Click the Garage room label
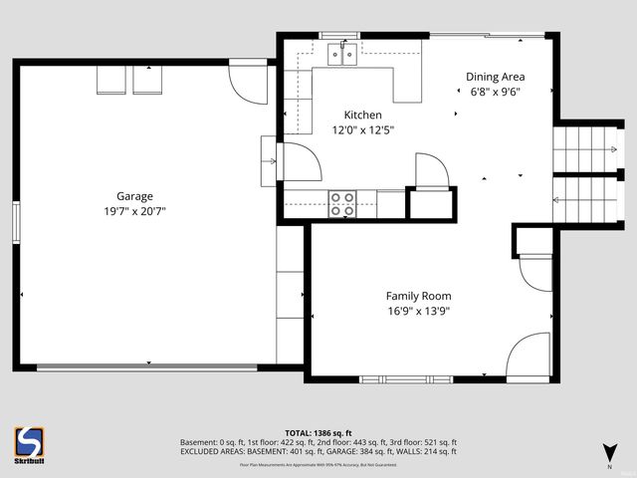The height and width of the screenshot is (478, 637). pos(134,196)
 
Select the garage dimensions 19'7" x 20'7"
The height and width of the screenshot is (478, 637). pos(134,211)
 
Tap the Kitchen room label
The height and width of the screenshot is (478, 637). pos(362,116)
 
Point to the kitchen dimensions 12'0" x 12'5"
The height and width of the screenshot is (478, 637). pos(362,129)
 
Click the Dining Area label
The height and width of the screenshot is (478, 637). pos(495,77)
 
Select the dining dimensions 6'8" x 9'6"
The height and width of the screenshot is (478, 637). pos(495,92)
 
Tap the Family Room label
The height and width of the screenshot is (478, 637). pos(418,296)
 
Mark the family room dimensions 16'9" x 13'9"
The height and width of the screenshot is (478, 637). pos(418,311)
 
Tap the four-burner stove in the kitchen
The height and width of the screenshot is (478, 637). pos(342,203)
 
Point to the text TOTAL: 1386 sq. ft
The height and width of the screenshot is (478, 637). pos(318,432)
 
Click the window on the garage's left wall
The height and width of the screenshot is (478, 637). pos(16,221)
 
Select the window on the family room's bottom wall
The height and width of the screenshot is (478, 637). pos(406,379)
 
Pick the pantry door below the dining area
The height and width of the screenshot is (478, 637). pos(430,170)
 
